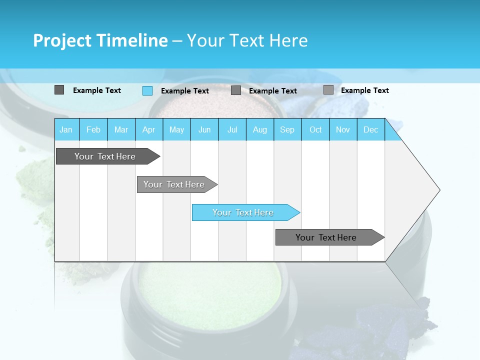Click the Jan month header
point(66,129)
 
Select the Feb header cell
point(93,129)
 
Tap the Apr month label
point(148,129)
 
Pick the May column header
point(176,129)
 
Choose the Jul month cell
point(232,129)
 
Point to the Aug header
point(259,129)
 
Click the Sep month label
point(287,129)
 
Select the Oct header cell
point(315,129)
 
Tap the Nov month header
point(343,129)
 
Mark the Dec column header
point(370,129)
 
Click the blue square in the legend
point(147,90)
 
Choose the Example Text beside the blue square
point(185,91)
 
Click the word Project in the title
point(62,40)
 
